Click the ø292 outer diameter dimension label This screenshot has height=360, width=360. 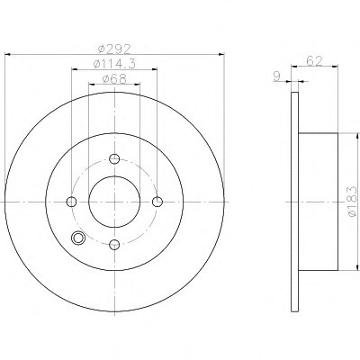pos(115,49)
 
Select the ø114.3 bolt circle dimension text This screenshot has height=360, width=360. pos(114,64)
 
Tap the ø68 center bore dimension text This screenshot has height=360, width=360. pos(114,79)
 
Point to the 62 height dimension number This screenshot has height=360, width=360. pos(314,61)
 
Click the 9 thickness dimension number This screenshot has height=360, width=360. pos(277,76)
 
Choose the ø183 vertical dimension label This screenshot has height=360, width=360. pos(352,201)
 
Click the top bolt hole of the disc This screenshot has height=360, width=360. pos(114,158)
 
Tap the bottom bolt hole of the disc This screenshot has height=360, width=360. pos(114,245)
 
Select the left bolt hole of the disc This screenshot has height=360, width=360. pos(71,202)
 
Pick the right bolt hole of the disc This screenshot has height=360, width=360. pos(157,202)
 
